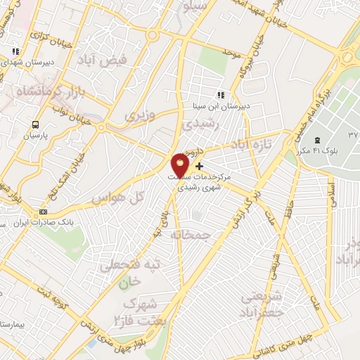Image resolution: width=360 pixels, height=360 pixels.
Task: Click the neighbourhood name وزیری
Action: pyautogui.click(x=139, y=115)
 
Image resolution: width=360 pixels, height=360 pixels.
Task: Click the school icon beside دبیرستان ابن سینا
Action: pyautogui.click(x=221, y=96)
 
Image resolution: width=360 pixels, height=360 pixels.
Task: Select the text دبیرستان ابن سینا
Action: pyautogui.click(x=207, y=107)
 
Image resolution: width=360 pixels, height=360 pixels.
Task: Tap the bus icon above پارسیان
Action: pyautogui.click(x=33, y=124)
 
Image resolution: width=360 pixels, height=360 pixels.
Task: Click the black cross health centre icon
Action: pyautogui.click(x=200, y=167)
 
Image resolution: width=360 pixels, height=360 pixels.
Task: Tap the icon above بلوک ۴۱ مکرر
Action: pyautogui.click(x=317, y=141)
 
